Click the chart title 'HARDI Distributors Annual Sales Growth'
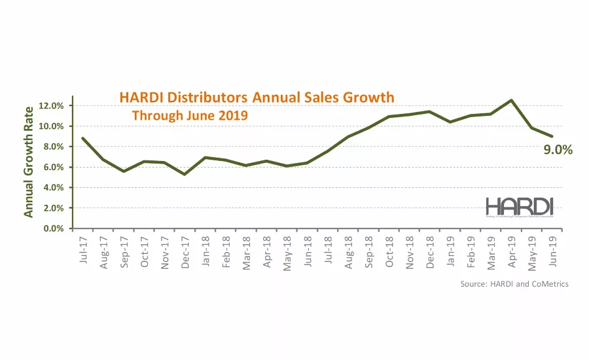pos(257,98)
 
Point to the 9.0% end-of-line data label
pos(558,150)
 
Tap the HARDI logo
pos(520,207)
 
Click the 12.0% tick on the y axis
pos(50,106)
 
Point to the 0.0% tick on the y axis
pos(52,228)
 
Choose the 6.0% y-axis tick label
pos(52,167)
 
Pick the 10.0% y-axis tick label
pos(50,126)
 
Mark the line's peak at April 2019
pos(510,100)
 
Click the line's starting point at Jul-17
pos(82,138)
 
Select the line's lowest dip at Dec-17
pos(184,174)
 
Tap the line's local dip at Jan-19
pos(449,122)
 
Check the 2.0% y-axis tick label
pos(52,208)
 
